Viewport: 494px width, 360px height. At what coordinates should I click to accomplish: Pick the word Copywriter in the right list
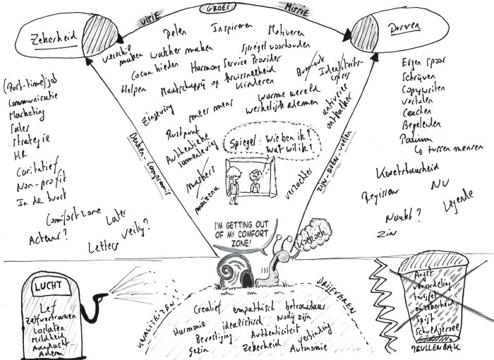pos(416,93)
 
